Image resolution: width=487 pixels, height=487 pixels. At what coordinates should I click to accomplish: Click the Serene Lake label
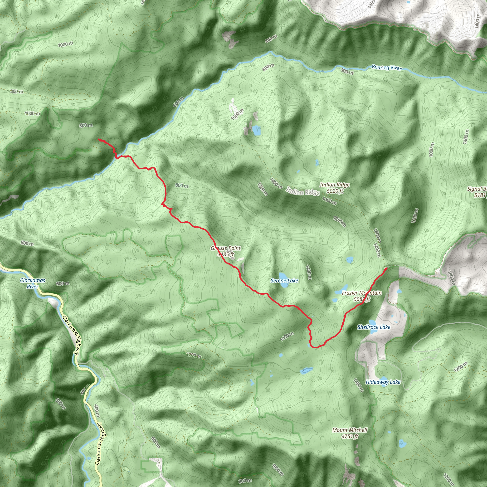[284, 281]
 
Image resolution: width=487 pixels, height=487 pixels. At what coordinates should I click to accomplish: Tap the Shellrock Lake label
[374, 327]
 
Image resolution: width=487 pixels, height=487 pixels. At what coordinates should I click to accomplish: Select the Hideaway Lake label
[383, 382]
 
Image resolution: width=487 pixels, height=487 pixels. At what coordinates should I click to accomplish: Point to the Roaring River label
[387, 67]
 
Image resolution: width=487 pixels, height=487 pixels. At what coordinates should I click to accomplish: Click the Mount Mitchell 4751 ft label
[350, 433]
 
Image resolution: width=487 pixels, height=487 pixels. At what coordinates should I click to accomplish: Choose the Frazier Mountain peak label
[362, 296]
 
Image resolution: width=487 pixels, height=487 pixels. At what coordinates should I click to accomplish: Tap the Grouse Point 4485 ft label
[226, 251]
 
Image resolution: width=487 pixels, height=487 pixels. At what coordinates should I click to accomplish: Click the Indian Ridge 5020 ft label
[335, 188]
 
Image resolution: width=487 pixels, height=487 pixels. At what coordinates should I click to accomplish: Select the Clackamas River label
[33, 283]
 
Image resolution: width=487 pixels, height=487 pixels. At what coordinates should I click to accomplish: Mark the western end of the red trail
[98, 139]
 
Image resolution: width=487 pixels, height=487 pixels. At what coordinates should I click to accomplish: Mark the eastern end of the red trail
[386, 269]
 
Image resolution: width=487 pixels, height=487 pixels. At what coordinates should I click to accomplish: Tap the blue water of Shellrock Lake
[372, 322]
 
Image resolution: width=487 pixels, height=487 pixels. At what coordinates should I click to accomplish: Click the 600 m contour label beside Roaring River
[178, 102]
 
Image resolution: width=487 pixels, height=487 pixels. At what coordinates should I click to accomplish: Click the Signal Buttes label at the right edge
[477, 192]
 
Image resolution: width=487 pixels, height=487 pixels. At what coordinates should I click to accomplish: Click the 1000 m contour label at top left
[66, 44]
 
